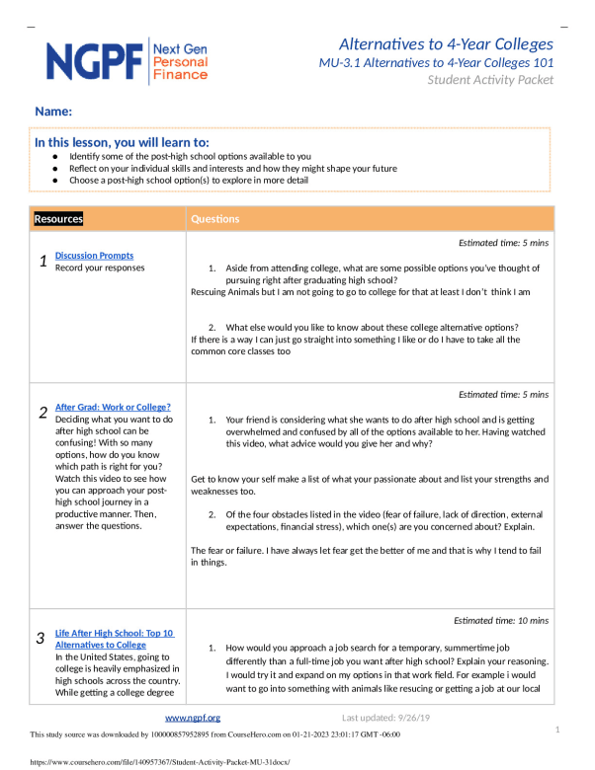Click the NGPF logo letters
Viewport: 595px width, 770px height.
95,61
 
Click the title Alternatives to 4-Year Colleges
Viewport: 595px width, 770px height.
446,44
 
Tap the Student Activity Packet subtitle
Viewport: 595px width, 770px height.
490,80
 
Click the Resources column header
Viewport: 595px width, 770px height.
58,219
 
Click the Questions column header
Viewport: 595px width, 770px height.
214,219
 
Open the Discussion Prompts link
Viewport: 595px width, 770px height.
94,256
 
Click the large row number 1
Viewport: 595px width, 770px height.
42,262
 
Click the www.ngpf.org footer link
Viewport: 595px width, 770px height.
192,718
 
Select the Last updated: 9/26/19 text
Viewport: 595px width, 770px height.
386,718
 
